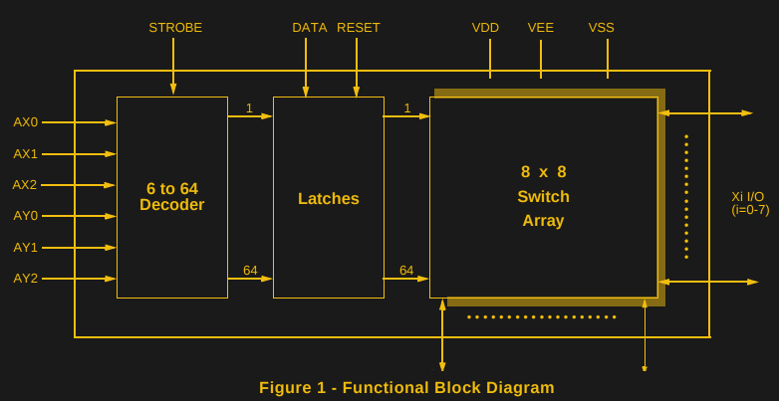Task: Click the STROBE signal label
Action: pos(175,28)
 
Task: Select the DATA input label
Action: pos(309,28)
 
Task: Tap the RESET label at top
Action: pos(359,28)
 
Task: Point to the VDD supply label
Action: pos(485,28)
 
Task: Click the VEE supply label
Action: pos(541,28)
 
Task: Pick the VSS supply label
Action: pos(602,28)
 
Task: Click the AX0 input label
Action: pos(25,122)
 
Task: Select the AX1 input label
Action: pos(25,154)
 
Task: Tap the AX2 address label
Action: pos(25,185)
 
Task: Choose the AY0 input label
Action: pos(25,216)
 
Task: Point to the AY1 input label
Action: pos(25,248)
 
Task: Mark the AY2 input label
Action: pos(25,279)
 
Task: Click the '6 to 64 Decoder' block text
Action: pos(171,197)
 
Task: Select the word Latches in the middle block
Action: pos(329,199)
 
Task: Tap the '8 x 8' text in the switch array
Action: pos(543,172)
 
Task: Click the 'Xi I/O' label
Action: pos(748,197)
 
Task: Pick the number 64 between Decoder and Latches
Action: pos(250,271)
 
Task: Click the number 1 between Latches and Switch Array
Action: pos(407,108)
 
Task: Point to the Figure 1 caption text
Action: pos(406,388)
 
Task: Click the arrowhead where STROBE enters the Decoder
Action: pos(173,90)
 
